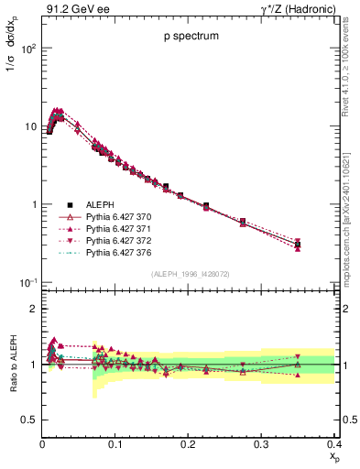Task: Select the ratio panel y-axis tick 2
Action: (33, 309)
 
